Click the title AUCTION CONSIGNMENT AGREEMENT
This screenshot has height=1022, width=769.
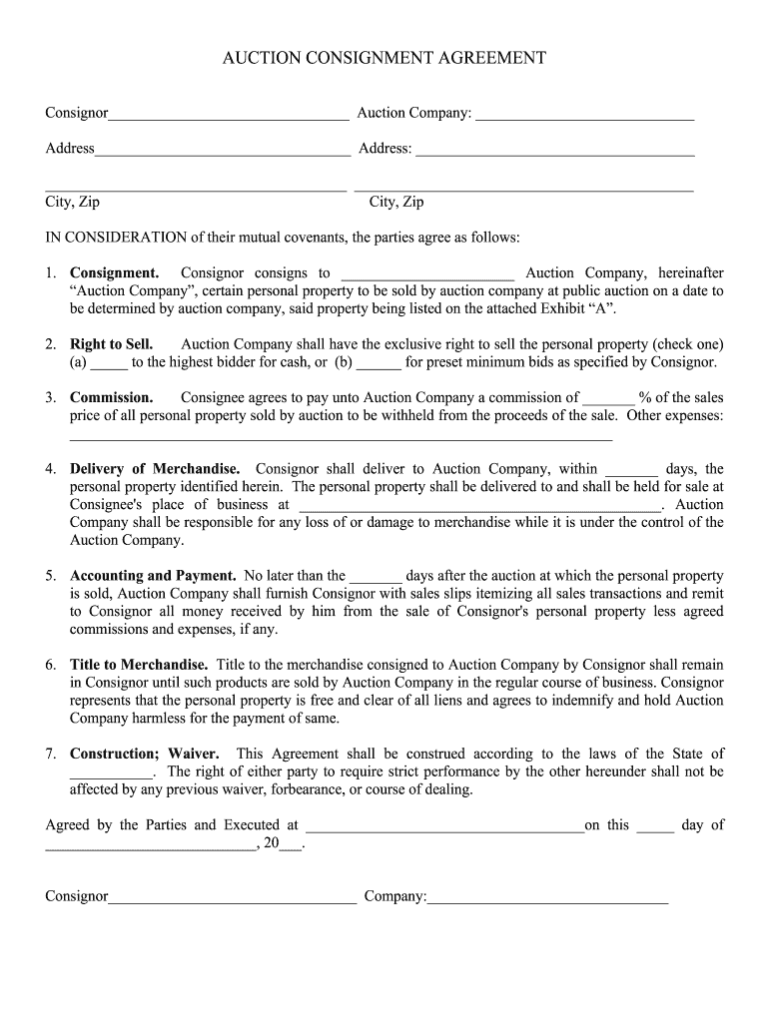coord(384,58)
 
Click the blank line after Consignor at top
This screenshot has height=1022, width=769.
coord(229,115)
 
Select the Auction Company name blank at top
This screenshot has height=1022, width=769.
coord(584,115)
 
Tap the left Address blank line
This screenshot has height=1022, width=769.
coord(223,151)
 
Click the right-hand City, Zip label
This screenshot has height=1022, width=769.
coord(396,202)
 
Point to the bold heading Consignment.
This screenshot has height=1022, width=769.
coord(114,273)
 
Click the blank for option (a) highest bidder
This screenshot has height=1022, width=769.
coord(109,363)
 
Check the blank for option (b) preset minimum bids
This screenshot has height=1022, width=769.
coord(379,363)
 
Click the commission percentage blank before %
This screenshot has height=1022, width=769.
coord(607,398)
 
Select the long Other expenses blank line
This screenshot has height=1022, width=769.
coord(341,435)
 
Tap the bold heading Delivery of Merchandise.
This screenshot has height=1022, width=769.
coord(155,469)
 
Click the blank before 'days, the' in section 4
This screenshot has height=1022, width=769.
coord(631,470)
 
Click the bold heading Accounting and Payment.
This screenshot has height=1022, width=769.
coord(153,576)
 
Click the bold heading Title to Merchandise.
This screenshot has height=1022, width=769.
coord(139,665)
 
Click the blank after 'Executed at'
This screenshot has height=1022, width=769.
coord(444,826)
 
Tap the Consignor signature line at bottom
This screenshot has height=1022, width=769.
coord(232,898)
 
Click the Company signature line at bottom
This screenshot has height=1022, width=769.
coord(547,898)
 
